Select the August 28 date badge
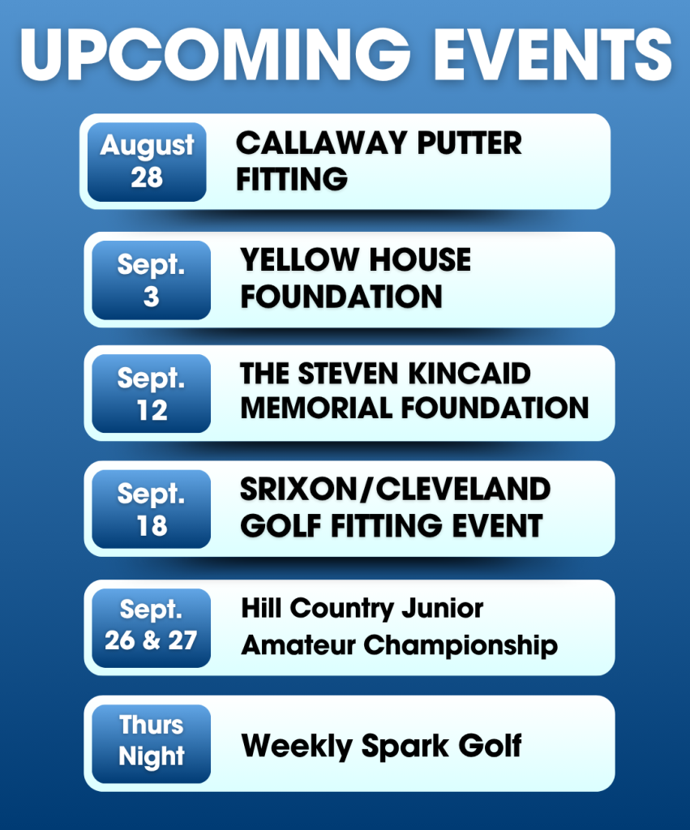[147, 162]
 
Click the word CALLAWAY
[321, 143]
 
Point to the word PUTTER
[469, 143]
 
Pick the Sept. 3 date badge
[151, 280]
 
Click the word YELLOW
[299, 260]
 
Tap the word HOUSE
[420, 260]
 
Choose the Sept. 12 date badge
[151, 394]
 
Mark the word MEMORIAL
[315, 409]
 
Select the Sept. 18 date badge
[151, 509]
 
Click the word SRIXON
[299, 489]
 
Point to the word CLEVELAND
[463, 489]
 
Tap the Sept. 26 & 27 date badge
[151, 628]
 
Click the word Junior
[442, 608]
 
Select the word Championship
[461, 646]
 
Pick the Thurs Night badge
[151, 744]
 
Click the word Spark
[405, 747]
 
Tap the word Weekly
[297, 747]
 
